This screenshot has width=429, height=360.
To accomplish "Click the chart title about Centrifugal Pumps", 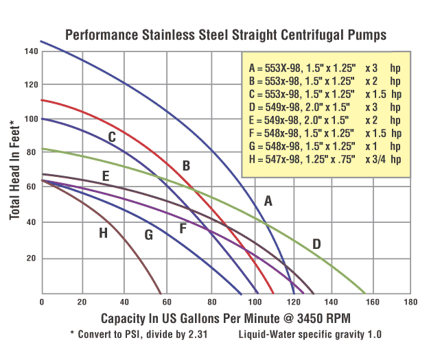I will (226, 34).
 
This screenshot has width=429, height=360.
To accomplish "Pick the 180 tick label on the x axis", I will (410, 302).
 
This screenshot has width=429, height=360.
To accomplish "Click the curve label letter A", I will (269, 201).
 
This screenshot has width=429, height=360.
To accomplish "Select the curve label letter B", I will (185, 165).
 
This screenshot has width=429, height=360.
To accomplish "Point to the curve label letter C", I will (111, 137).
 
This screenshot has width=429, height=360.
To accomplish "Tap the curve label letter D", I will (316, 243).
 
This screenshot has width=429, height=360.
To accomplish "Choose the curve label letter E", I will (106, 176).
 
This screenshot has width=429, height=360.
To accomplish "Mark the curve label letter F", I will (183, 228).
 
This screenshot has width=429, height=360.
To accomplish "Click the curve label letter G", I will (148, 235).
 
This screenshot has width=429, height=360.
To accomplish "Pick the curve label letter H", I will (103, 233).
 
